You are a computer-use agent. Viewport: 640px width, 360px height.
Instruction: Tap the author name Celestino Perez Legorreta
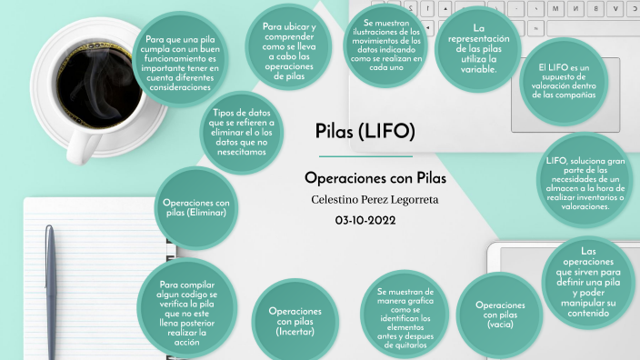click(x=365, y=198)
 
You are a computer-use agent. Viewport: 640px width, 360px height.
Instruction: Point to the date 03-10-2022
click(x=365, y=220)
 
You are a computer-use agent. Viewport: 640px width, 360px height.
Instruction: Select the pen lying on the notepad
click(x=51, y=291)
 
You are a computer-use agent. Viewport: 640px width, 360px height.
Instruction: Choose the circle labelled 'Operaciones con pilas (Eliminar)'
click(x=196, y=207)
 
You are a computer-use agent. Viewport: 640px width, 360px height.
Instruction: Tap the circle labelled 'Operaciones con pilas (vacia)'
click(x=500, y=315)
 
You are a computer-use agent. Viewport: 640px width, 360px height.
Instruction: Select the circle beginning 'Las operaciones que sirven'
click(x=587, y=283)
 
